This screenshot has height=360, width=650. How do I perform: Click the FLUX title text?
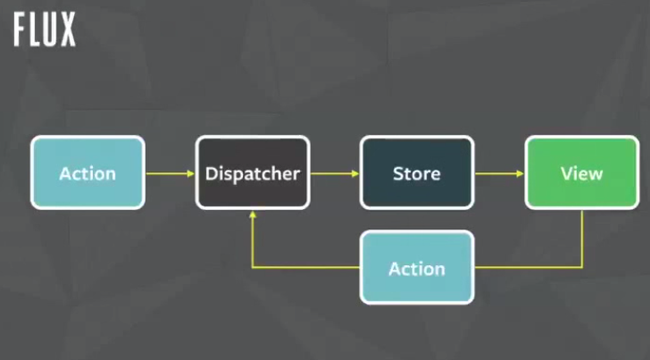tap(45, 30)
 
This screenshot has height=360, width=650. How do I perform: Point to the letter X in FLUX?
tap(68, 30)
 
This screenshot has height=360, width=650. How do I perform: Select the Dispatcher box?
tap(253, 172)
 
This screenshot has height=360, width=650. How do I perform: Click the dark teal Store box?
tap(417, 172)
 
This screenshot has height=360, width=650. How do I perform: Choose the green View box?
tap(581, 172)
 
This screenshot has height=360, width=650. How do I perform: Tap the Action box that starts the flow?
tap(87, 172)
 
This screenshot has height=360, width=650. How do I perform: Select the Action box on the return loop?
tap(417, 268)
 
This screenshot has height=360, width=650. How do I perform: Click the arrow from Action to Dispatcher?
tap(170, 173)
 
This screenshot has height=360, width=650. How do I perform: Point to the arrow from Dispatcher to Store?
tap(335, 173)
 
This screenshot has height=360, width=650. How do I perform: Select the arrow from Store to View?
tap(499, 173)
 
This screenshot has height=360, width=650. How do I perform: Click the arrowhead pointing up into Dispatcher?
tap(254, 215)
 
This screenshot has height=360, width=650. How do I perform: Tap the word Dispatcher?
tap(253, 173)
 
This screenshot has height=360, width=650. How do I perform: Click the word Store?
tap(417, 173)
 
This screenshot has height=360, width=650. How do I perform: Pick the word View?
tap(581, 173)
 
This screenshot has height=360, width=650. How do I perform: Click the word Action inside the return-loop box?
tap(417, 269)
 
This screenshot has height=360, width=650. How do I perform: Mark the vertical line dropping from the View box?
tap(582, 238)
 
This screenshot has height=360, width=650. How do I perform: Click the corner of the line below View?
tap(582, 267)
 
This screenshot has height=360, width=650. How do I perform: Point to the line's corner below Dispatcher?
tap(254, 267)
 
